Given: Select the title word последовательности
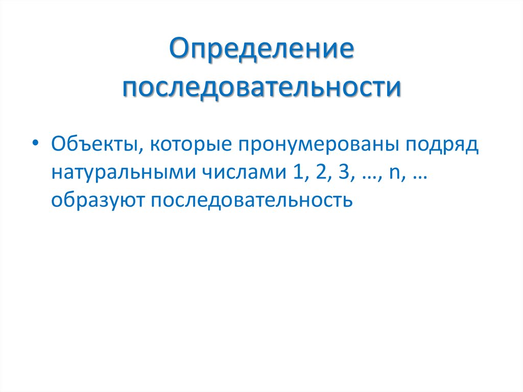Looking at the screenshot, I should click(x=261, y=88).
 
